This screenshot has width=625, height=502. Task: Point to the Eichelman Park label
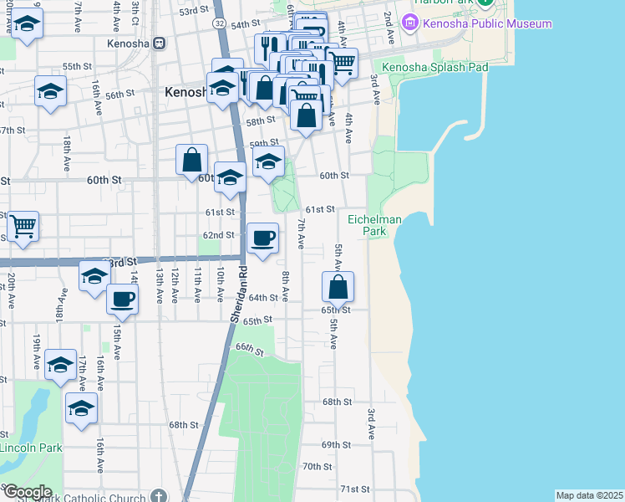(x=374, y=226)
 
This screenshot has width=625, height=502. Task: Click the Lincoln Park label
(x=30, y=448)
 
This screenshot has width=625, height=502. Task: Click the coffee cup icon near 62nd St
(x=263, y=238)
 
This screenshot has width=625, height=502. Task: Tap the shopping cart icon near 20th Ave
(x=23, y=225)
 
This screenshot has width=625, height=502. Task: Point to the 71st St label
(x=354, y=489)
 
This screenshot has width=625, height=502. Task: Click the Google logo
(x=27, y=492)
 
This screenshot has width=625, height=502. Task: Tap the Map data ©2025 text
(x=590, y=495)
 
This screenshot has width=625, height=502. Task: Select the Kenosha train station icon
(x=158, y=44)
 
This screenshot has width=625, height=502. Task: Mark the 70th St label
(x=317, y=466)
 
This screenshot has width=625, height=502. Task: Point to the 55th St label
(x=76, y=66)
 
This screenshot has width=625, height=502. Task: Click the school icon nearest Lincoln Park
(x=81, y=408)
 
